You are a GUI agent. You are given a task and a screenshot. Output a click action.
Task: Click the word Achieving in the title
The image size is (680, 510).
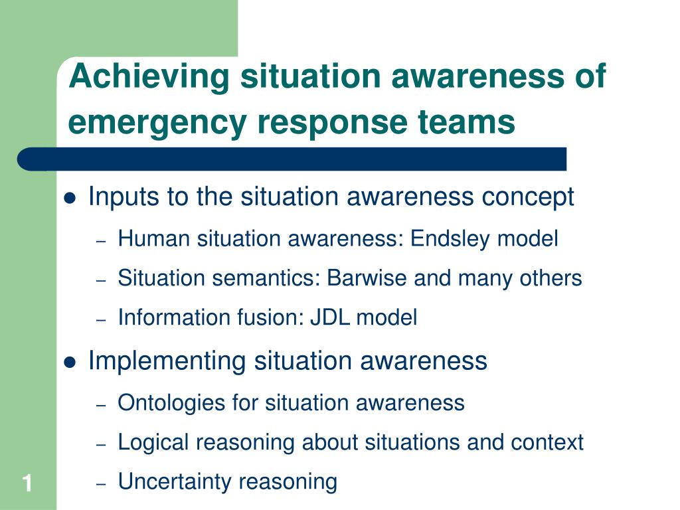coord(149,77)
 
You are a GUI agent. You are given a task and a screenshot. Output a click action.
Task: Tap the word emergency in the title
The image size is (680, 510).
coord(157,123)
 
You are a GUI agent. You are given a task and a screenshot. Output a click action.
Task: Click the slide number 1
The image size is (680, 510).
coord(28,483)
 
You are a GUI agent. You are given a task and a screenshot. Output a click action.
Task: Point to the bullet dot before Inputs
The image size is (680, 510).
coord(70,198)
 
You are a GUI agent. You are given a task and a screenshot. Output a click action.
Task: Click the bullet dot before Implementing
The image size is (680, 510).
coord(70,362)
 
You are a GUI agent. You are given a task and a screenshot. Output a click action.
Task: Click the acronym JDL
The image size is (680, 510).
coord(330,317)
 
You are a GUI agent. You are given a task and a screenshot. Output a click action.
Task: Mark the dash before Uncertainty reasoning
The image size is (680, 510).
coord(101,484)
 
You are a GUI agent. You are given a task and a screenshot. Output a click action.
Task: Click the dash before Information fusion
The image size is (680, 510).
coord(101,320)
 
